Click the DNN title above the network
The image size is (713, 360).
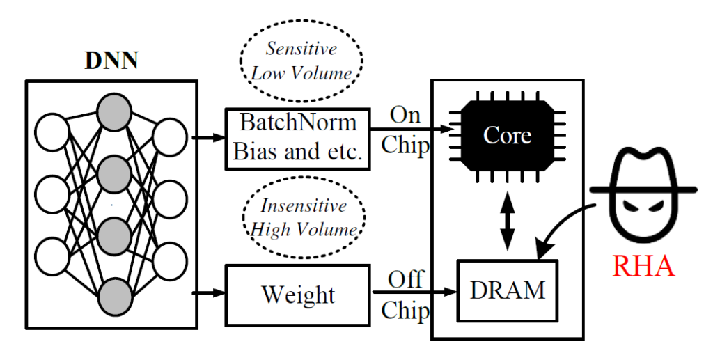pyautogui.click(x=111, y=60)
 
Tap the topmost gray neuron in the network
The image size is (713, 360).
pyautogui.click(x=113, y=111)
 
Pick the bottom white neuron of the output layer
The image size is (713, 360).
pyautogui.click(x=169, y=263)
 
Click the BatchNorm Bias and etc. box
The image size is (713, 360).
pyautogui.click(x=298, y=138)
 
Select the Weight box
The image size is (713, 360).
pyautogui.click(x=298, y=295)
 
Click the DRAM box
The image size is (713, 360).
pyautogui.click(x=508, y=290)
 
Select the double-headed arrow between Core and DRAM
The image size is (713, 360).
pyautogui.click(x=508, y=221)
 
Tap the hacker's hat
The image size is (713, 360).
pyautogui.click(x=643, y=168)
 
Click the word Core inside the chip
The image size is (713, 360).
pyautogui.click(x=508, y=136)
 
